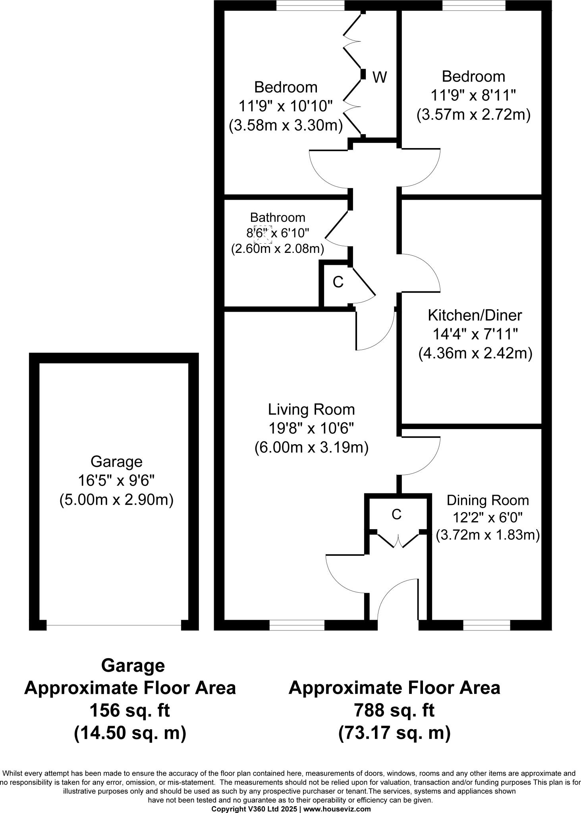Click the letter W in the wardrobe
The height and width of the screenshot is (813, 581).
click(380, 77)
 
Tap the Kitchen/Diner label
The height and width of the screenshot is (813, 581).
click(475, 315)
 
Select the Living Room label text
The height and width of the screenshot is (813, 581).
click(311, 409)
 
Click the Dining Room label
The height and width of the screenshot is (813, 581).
click(488, 500)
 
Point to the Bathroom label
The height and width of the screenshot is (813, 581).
click(278, 218)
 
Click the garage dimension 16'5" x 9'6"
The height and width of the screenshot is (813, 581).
click(116, 481)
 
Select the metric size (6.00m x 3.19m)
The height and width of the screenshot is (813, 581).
click(311, 447)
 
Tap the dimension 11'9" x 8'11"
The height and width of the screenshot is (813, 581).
click(473, 95)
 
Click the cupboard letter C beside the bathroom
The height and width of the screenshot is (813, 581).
click(338, 282)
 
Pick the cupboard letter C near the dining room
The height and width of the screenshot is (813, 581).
click(396, 514)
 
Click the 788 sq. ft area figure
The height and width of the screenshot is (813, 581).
click(394, 710)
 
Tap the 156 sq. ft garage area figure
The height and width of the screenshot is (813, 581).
click(130, 710)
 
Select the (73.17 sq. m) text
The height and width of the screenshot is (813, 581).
click(394, 733)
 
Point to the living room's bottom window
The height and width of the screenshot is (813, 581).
click(297, 625)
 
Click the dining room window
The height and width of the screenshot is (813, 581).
click(486, 625)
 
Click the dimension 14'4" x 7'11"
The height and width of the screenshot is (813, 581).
click(475, 334)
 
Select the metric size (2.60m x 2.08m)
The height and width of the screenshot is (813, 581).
click(278, 249)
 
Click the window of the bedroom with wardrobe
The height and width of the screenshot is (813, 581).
click(310, 5)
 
